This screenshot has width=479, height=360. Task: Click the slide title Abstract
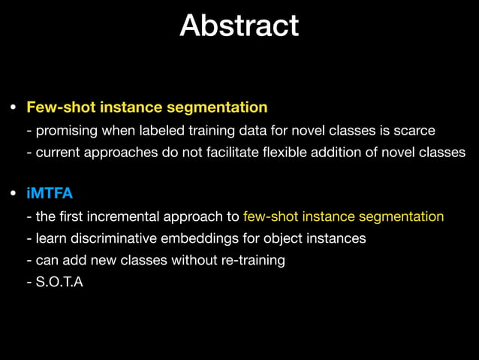click(x=239, y=26)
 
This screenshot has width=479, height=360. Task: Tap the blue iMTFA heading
click(x=50, y=194)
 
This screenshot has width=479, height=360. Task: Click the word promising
click(x=68, y=131)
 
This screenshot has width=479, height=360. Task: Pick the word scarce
click(x=413, y=131)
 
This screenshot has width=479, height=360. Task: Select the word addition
click(x=345, y=153)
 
